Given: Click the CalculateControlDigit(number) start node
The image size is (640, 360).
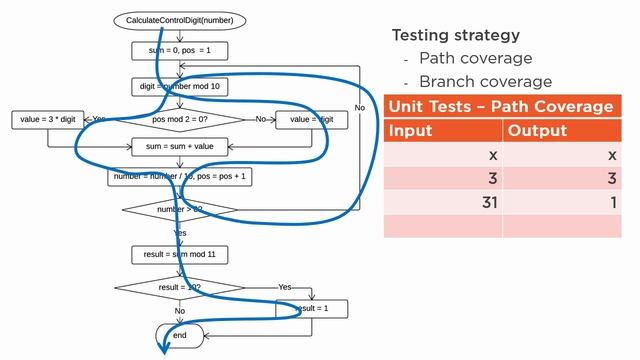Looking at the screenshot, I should click(x=180, y=20).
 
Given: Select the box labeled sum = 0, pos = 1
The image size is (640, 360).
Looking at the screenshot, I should click(x=180, y=49).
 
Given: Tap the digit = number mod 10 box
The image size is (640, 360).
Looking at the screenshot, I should click(x=180, y=87).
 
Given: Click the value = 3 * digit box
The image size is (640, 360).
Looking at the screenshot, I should click(x=48, y=119).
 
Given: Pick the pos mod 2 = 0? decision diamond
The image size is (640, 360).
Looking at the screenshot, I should click(x=180, y=119).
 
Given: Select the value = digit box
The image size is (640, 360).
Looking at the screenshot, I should click(x=312, y=119).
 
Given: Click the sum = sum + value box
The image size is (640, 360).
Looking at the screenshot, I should click(x=180, y=145).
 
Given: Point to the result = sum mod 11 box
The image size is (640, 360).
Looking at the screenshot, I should click(x=180, y=254).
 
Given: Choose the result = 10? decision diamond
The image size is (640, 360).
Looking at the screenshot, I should click(x=180, y=287).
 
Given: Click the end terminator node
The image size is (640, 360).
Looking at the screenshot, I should click(x=180, y=335).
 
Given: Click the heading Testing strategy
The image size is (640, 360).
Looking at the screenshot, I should click(x=455, y=35).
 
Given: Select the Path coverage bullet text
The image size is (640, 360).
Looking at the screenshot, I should click(x=475, y=58).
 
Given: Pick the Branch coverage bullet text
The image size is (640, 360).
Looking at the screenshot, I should click(x=485, y=81).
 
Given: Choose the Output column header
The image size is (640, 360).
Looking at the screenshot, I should click(x=537, y=131).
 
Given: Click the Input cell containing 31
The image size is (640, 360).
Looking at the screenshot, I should click(x=443, y=203).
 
